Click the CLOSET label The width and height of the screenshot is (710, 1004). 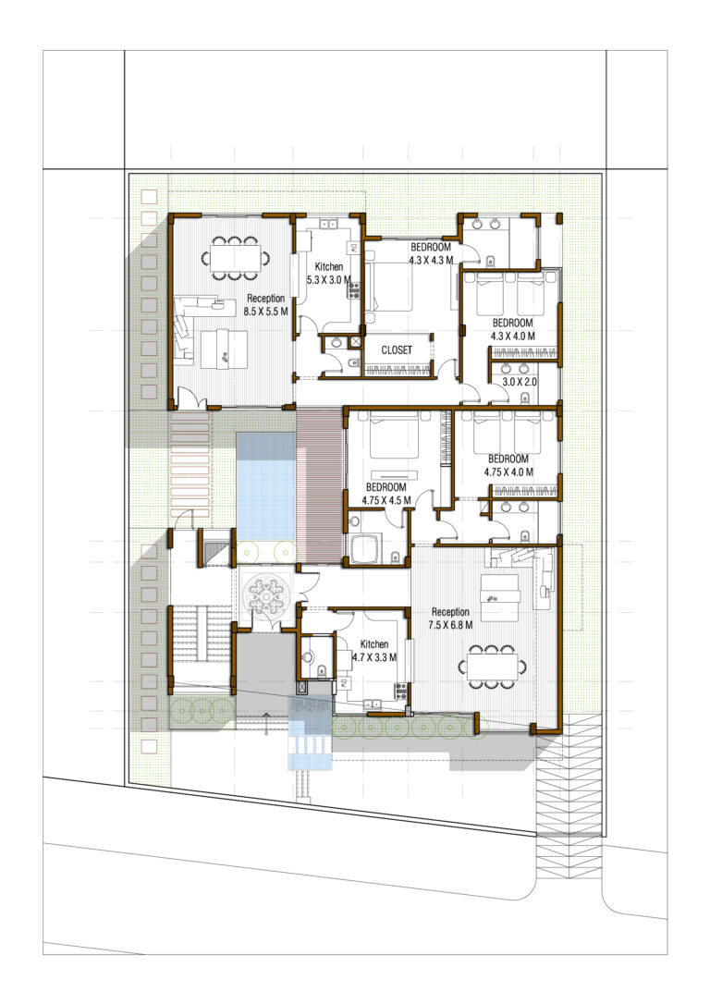pos(397,350)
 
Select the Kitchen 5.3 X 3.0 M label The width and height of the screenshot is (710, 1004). pos(328,273)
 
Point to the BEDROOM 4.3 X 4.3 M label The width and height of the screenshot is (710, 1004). pos(431,254)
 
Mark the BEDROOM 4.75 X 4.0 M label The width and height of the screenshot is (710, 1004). pos(508,465)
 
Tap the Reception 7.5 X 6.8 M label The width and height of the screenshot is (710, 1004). pos(450,618)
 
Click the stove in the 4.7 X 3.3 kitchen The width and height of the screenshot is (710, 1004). pos(401,689)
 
